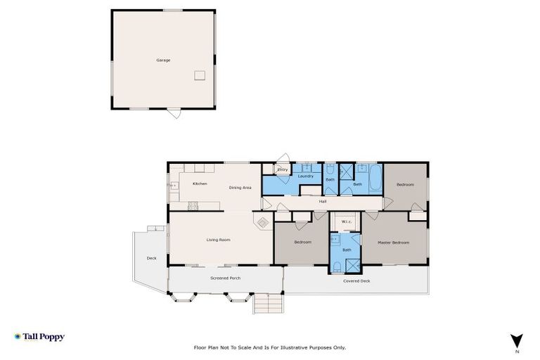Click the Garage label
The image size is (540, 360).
[163, 60]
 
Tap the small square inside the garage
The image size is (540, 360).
[200, 74]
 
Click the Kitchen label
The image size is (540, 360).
[200, 184]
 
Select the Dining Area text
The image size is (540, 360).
[240, 188]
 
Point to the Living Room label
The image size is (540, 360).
[218, 240]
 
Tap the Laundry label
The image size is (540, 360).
[305, 176]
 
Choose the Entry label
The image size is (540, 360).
[283, 169]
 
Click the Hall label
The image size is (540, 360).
[323, 202]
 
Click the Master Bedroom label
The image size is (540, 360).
[393, 243]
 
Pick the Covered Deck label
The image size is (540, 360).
[356, 281]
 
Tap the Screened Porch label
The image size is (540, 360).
[226, 278]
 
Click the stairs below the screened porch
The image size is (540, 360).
[268, 304]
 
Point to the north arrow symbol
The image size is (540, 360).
[517, 340]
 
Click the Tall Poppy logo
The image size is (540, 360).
[39, 337]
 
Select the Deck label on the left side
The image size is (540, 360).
[151, 258]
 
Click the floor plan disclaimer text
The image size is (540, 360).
[269, 347]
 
